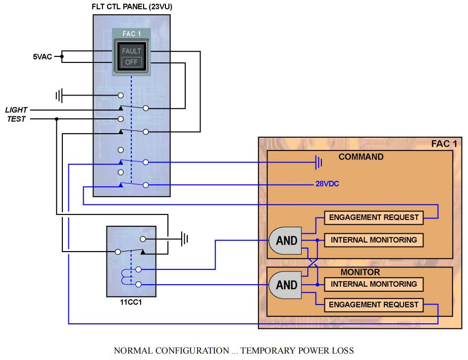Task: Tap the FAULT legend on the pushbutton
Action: (131, 51)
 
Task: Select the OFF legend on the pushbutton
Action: (131, 62)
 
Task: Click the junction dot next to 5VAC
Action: (62, 57)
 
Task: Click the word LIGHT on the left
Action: (16, 110)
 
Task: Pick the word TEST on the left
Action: (16, 119)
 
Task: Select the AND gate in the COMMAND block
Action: (285, 241)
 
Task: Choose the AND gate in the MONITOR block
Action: (285, 285)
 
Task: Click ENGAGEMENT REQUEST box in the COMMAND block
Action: (374, 217)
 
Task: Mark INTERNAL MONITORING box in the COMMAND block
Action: (374, 240)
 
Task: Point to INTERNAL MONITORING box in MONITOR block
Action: (374, 285)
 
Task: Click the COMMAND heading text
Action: (361, 157)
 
